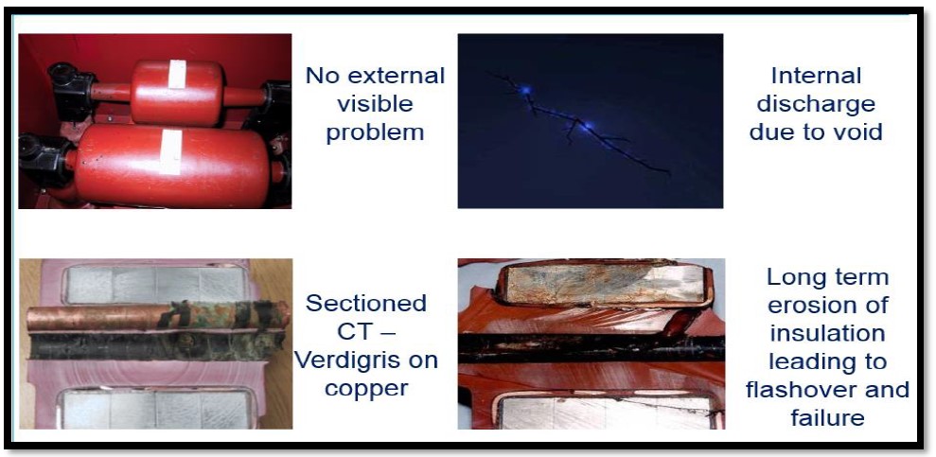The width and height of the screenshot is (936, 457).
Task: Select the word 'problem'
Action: pos(375,132)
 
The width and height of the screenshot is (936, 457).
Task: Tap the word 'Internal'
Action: pos(816,77)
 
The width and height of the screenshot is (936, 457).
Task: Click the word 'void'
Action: pos(856,132)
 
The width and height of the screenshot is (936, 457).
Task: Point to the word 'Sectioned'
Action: pos(366,303)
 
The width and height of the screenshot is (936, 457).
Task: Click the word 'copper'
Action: pos(366,388)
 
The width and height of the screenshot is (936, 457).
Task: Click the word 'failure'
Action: pos(827,417)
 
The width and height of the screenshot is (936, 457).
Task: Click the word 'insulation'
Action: pos(827,333)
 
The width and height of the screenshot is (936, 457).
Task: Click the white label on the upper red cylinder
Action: pos(177,74)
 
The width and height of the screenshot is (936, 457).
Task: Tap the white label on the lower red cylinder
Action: pos(170,152)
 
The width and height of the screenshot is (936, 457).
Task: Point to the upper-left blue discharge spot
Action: pos(525,90)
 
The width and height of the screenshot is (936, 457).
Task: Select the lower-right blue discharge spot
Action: pos(588,125)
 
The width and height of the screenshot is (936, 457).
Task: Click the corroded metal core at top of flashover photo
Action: pos(604,285)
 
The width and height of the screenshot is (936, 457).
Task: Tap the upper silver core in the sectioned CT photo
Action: pos(155,285)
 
